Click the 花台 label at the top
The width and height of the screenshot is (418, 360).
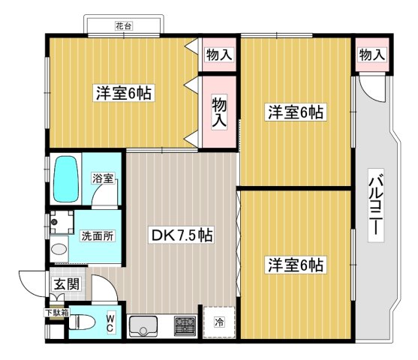tap(123, 26)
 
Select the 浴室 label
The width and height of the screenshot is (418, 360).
tap(103, 178)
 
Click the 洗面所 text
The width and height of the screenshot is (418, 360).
tap(98, 235)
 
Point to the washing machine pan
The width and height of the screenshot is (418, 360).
tap(61, 223)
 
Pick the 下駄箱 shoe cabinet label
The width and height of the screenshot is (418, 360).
tap(56, 313)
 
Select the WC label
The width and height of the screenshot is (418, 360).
tap(110, 323)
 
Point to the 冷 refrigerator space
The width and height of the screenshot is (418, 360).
tap(218, 322)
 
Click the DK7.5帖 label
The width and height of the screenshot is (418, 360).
tap(182, 235)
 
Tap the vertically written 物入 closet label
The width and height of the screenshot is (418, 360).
tap(218, 112)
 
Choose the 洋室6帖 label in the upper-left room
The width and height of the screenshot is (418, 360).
tap(123, 93)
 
